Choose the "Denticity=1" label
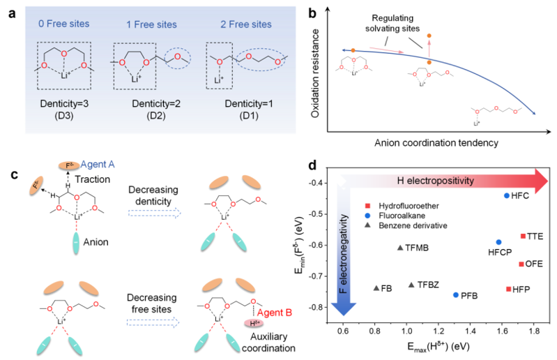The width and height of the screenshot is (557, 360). (249, 103)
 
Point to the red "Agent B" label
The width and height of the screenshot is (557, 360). (273, 312)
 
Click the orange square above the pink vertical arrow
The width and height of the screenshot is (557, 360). (429, 35)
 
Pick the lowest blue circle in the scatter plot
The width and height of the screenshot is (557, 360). (455, 295)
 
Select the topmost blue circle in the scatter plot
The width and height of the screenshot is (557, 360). (506, 195)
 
